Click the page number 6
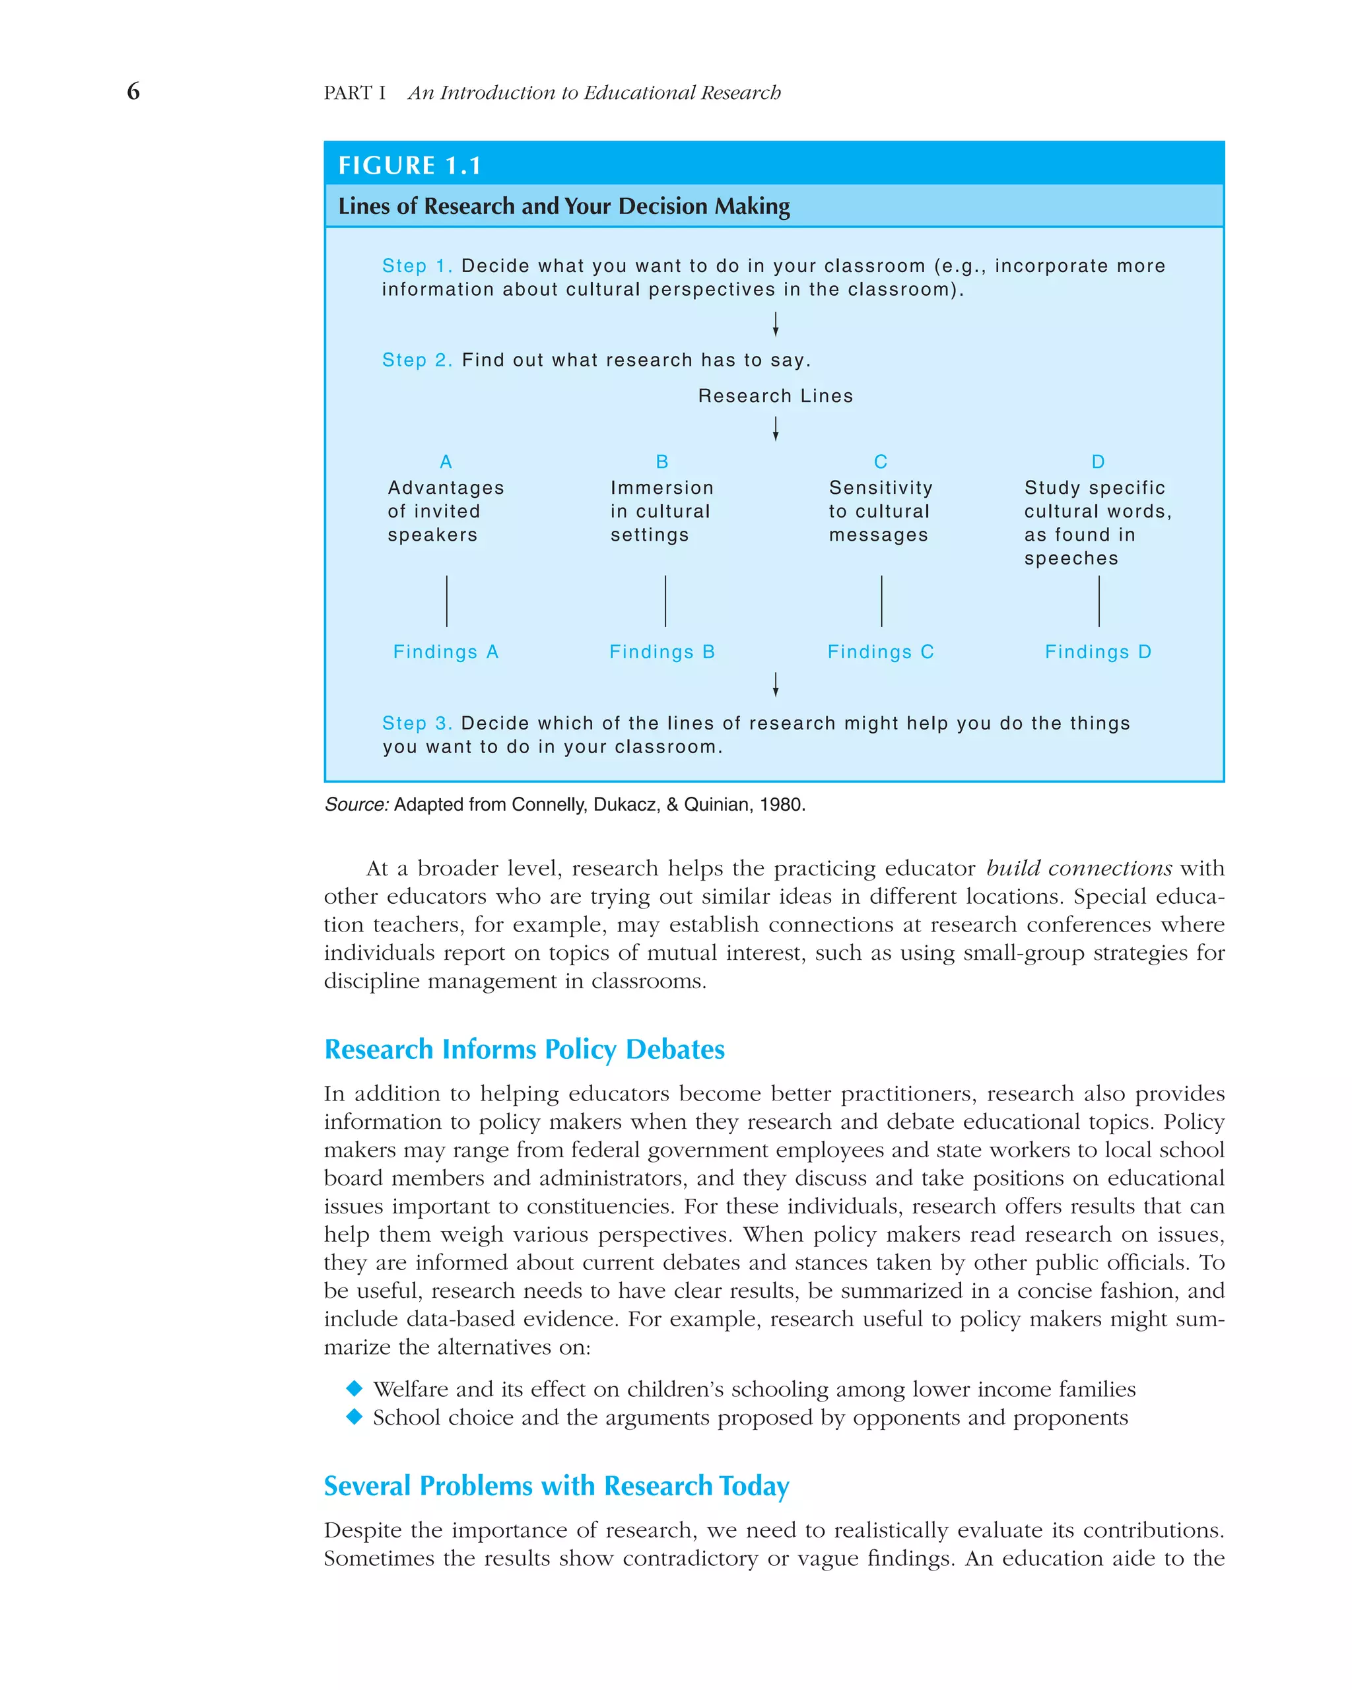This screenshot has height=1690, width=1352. pyautogui.click(x=133, y=92)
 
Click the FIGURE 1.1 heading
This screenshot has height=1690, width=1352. pyautogui.click(x=409, y=166)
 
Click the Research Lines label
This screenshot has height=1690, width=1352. pyautogui.click(x=775, y=396)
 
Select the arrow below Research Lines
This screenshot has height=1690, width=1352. pyautogui.click(x=775, y=428)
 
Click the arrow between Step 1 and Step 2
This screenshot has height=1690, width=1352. pyautogui.click(x=775, y=323)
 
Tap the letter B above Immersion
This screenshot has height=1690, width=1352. pyautogui.click(x=662, y=461)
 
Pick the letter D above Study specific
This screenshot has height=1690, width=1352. pyautogui.click(x=1098, y=461)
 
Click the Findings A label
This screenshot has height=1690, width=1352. pyautogui.click(x=445, y=652)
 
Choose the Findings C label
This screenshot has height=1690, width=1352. pyautogui.click(x=880, y=652)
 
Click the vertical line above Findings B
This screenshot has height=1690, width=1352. pyautogui.click(x=665, y=601)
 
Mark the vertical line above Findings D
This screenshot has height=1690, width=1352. pyautogui.click(x=1099, y=601)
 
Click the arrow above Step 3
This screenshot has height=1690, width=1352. pyautogui.click(x=775, y=685)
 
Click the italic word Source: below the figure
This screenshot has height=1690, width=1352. pyautogui.click(x=356, y=804)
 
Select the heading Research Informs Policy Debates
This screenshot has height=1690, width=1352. pyautogui.click(x=524, y=1049)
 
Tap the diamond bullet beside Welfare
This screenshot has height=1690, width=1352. pyautogui.click(x=355, y=1388)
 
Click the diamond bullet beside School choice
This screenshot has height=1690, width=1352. pyautogui.click(x=355, y=1417)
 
